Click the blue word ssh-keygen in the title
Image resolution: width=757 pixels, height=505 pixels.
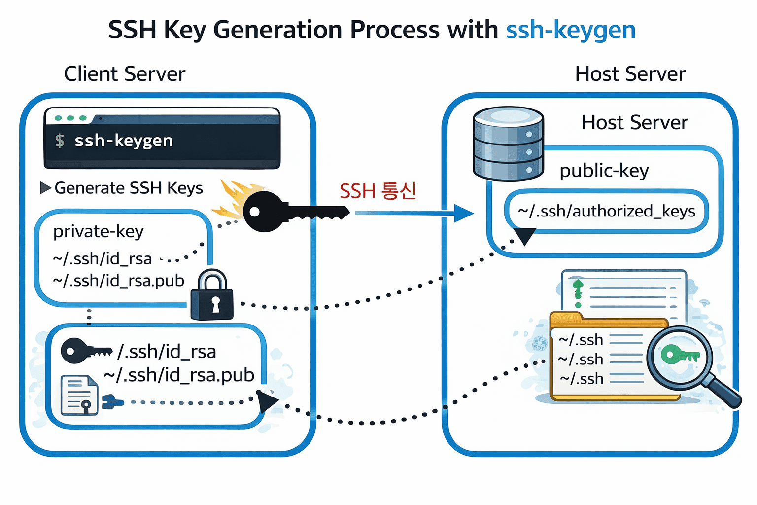[x=571, y=30]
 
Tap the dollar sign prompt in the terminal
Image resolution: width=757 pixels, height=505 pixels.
[x=60, y=141]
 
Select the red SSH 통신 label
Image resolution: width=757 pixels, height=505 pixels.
[x=378, y=191]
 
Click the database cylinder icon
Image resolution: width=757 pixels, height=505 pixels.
[x=508, y=144]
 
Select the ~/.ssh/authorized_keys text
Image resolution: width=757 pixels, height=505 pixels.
[x=606, y=211]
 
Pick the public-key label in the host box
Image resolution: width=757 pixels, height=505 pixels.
[x=604, y=171]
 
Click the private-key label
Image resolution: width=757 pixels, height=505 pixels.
[x=99, y=231]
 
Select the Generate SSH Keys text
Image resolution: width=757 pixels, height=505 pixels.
[x=129, y=188]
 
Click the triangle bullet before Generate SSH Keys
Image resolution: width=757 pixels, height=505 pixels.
[x=45, y=188]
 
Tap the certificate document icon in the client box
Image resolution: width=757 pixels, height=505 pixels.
[x=79, y=395]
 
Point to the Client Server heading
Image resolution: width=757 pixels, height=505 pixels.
[x=125, y=74]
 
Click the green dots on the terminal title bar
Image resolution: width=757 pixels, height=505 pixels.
[x=70, y=118]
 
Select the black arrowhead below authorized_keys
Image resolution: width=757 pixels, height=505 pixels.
[x=525, y=236]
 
